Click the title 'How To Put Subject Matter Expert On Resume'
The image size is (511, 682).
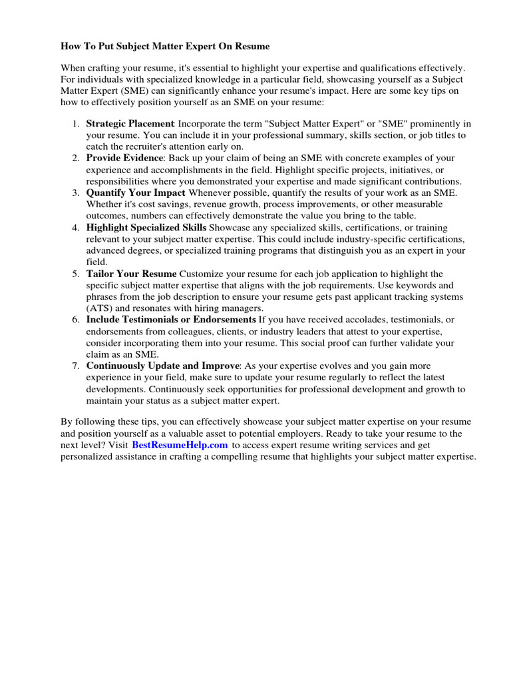point(166,47)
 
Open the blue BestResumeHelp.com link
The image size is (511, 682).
point(180,444)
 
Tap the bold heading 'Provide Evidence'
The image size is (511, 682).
point(124,158)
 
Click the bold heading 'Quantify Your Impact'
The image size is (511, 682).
point(136,192)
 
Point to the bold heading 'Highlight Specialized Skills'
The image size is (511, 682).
point(146,228)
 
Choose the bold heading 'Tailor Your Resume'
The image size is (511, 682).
point(132,274)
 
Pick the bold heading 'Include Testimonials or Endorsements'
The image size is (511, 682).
point(171,320)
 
